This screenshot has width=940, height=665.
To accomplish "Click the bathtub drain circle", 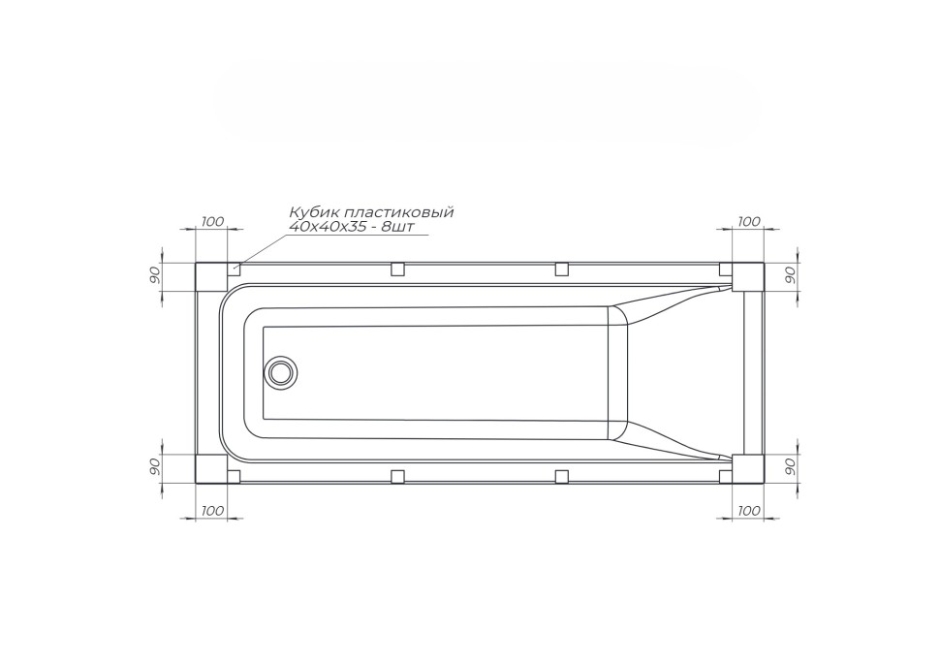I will (283, 371).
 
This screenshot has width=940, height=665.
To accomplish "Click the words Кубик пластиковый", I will (371, 212).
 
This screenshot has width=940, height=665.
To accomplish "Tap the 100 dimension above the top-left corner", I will (212, 222).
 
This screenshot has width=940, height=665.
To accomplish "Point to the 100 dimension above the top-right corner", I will (748, 222).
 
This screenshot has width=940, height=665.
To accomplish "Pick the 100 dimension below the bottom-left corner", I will (212, 510).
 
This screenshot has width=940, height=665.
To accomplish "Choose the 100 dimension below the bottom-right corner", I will (748, 510).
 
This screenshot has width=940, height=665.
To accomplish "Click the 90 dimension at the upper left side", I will (154, 275).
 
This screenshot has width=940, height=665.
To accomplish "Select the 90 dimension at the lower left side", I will (154, 466).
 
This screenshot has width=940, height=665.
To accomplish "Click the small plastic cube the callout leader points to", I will (234, 269).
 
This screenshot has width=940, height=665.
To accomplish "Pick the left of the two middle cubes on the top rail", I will (397, 269).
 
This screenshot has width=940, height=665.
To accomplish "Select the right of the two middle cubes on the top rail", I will (561, 269).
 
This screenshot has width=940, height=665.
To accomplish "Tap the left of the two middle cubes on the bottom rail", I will (397, 476).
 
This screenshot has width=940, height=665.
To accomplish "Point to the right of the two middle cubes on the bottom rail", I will (561, 476).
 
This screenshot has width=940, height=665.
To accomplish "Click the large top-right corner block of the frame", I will (748, 278).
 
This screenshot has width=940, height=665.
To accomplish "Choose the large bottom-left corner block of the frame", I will (211, 468).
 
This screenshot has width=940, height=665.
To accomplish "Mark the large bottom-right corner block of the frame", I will (748, 468).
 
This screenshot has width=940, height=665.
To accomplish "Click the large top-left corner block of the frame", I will (211, 278).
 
